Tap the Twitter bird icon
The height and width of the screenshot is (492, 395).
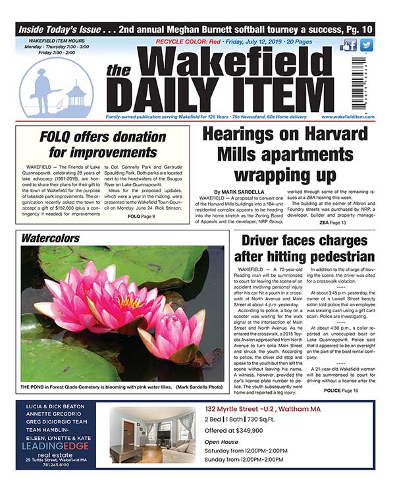pyautogui.click(x=366, y=45)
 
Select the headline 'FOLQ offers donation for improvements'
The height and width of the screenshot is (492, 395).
pyautogui.click(x=102, y=146)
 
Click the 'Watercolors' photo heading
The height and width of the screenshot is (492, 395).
pyautogui.click(x=50, y=237)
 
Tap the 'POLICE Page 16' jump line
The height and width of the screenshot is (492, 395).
pyautogui.click(x=341, y=391)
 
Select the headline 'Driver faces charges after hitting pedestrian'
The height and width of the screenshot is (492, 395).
pyautogui.click(x=307, y=248)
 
